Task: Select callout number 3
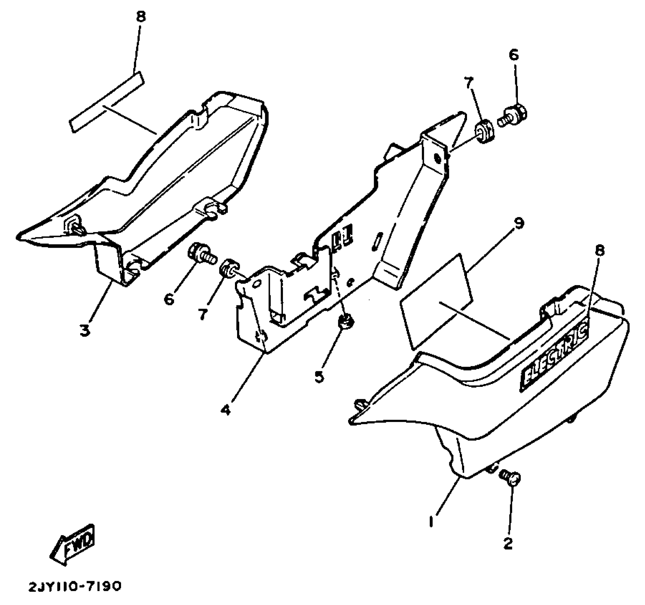pyautogui.click(x=85, y=330)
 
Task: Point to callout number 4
pyautogui.click(x=226, y=409)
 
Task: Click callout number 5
pyautogui.click(x=319, y=376)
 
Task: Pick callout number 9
pyautogui.click(x=519, y=223)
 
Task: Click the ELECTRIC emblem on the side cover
pyautogui.click(x=554, y=359)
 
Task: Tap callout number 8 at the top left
pyautogui.click(x=141, y=17)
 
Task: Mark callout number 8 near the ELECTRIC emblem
pyautogui.click(x=599, y=251)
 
